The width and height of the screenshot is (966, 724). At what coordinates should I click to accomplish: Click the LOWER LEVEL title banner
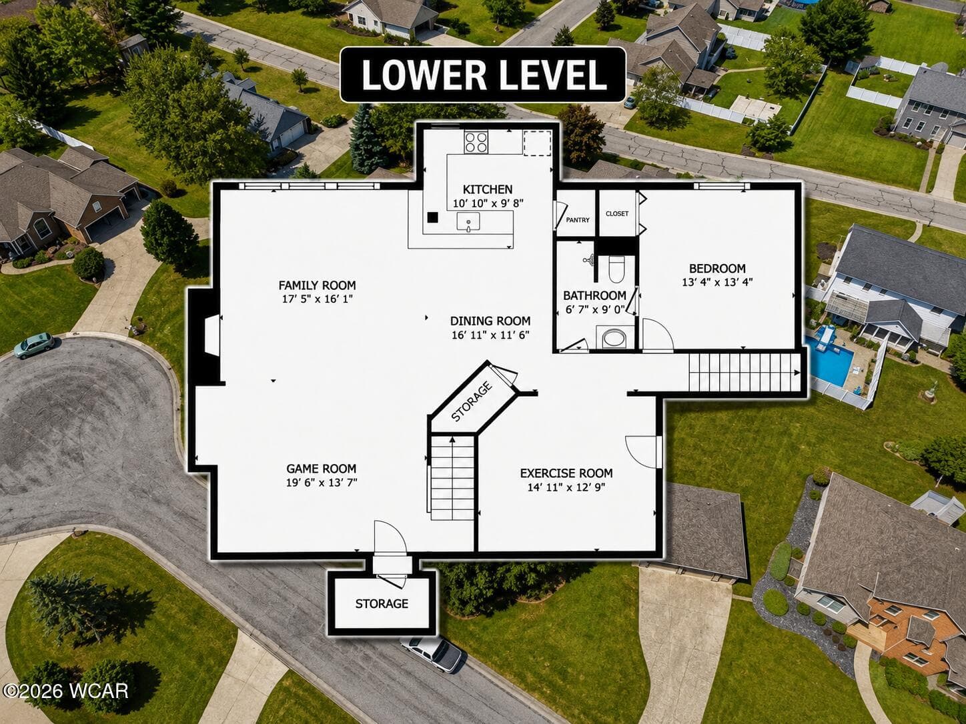coord(483,75)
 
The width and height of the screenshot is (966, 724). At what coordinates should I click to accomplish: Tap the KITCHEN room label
coord(488,189)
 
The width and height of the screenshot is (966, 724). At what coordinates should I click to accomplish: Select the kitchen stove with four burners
coord(476,142)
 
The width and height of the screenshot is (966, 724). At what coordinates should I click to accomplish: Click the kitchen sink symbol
coord(468,222)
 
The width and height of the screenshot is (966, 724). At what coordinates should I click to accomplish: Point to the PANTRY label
coord(578,220)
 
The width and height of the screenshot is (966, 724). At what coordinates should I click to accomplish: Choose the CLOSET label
coord(617,213)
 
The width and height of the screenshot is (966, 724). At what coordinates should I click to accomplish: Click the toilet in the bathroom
coord(616,269)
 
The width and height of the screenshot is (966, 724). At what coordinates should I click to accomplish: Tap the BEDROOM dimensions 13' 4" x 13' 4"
coord(717,282)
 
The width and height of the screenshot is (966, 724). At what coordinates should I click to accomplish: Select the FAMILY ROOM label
coord(318,285)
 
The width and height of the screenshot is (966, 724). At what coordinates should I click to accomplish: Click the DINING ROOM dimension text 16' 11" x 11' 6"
coord(490,335)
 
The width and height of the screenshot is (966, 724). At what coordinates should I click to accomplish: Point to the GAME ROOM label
coord(322,469)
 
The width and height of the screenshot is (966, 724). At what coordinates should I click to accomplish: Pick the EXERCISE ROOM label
coord(566,473)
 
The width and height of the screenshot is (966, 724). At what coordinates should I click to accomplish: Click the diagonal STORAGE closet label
coord(472,401)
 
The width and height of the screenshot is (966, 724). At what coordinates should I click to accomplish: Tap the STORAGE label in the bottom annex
coord(382,604)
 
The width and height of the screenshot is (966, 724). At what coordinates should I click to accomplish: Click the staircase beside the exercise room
coord(452,478)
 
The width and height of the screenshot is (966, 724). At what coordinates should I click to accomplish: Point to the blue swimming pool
coord(829,360)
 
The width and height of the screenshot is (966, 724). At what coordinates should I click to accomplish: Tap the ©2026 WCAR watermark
coord(65,691)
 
